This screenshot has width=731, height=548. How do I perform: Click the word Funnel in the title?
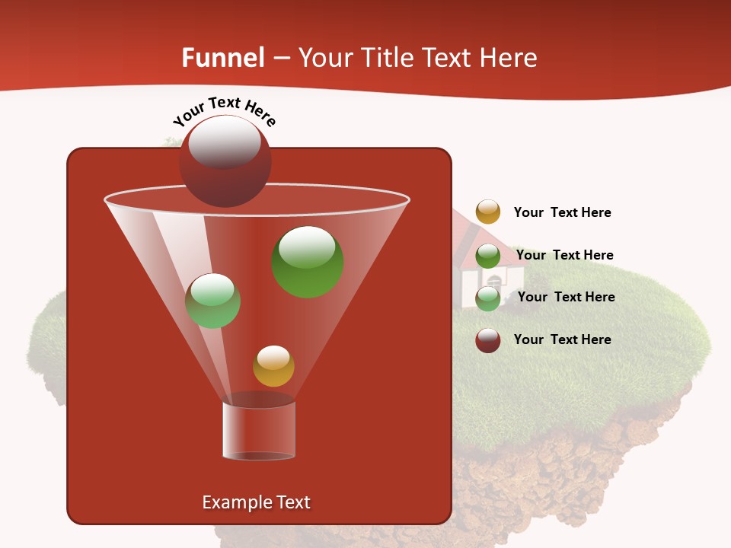pos(223,58)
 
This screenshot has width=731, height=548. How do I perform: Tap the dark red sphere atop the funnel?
pos(225,161)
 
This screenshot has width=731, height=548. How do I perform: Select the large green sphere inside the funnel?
pos(308,262)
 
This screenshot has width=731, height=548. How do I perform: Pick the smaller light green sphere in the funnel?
pos(212,301)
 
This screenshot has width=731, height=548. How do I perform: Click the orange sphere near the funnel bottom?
pos(273,366)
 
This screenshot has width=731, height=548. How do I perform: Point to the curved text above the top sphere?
pos(225,111)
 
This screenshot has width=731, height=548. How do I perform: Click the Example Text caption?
pos(256,502)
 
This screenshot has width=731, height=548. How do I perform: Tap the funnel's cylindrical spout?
pos(259,430)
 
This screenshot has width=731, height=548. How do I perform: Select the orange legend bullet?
pos(488,212)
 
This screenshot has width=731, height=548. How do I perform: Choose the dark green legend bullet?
pos(488,256)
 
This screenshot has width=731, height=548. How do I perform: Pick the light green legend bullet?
pos(488,298)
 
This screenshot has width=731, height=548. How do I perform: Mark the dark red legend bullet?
pos(488,340)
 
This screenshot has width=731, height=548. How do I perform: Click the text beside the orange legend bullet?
pos(562,213)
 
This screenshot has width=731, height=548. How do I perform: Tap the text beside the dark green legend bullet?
pos(564,255)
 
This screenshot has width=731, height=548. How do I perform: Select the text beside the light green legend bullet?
pos(566,297)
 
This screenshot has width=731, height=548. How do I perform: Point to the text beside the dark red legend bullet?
pos(562,339)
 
